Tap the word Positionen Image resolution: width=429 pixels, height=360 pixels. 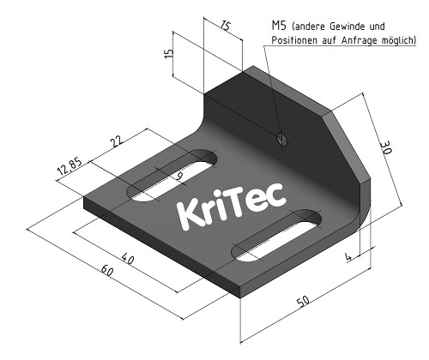[x=297, y=40]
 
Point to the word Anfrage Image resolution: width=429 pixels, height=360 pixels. [x=360, y=40]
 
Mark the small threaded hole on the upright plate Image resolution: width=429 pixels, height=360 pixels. [x=282, y=137]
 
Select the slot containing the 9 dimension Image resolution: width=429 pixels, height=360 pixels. [x=172, y=177]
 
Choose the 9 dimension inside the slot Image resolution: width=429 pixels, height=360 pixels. [x=178, y=177]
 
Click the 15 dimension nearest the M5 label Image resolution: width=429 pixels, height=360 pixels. [x=225, y=26]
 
